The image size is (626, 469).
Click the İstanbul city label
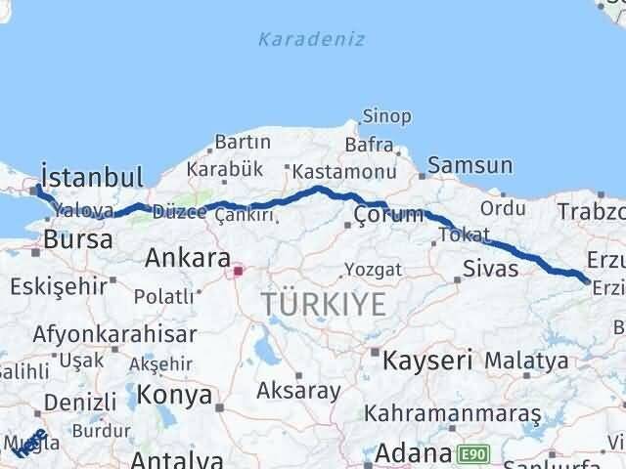click(93, 177)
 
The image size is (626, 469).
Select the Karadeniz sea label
click(312, 39)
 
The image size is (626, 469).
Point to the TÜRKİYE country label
click(324, 305)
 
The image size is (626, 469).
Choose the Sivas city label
click(491, 267)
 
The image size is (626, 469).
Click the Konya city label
click(174, 395)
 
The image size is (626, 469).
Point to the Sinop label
click(386, 116)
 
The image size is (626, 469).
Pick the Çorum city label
click(389, 214)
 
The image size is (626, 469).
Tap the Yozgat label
click(372, 268)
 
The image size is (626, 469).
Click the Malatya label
click(526, 361)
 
